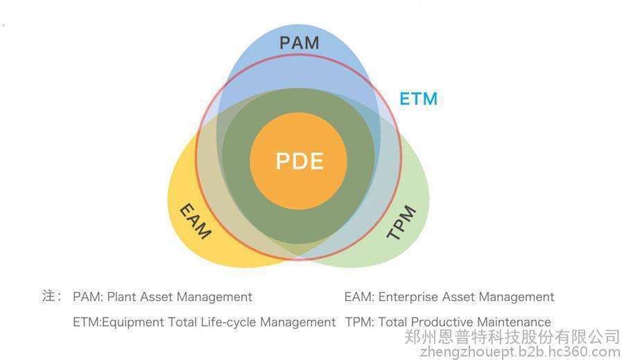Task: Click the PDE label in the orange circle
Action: point(300,161)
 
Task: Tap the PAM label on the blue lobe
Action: point(300,42)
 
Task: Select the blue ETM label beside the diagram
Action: point(418,99)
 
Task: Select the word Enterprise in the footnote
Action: point(410,297)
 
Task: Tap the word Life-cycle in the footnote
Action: point(234,322)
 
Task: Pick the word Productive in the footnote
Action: point(440,322)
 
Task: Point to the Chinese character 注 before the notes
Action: point(49,296)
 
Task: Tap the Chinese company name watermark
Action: point(512,337)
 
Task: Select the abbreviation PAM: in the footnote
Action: point(87,297)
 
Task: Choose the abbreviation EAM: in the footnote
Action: point(359,297)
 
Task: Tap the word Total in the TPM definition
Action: point(392,322)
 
